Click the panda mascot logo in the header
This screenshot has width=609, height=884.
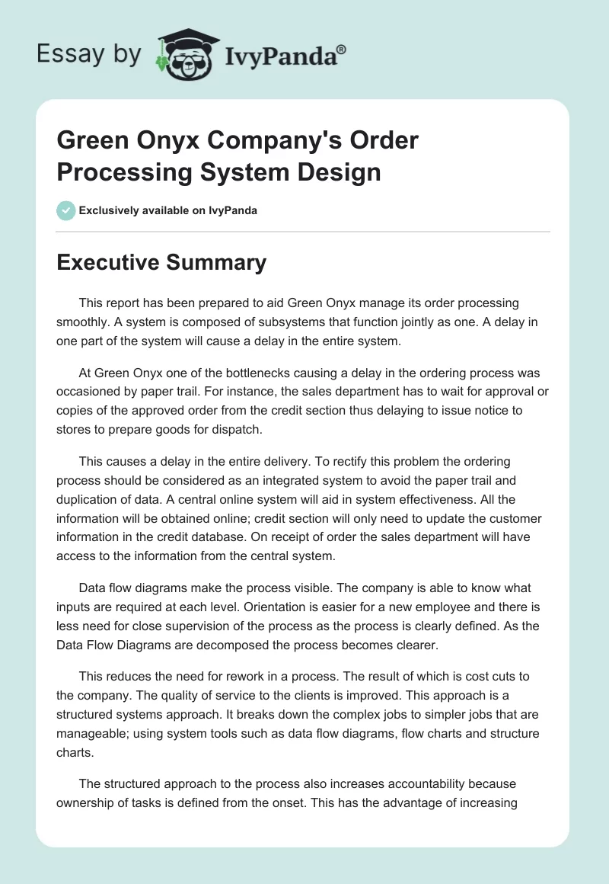point(186,55)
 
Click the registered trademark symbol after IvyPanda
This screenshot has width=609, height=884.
point(342,50)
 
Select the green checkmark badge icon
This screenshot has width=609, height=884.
point(66,210)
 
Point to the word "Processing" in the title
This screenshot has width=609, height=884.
point(123,171)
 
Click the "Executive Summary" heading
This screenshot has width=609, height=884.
point(161,262)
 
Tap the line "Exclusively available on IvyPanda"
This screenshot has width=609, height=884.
point(168,210)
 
